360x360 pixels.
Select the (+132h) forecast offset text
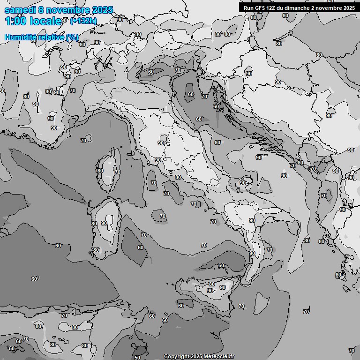click(83, 21)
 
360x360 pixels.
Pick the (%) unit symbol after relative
click(72, 37)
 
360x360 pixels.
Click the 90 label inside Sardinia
click(104, 223)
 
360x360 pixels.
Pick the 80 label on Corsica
click(100, 171)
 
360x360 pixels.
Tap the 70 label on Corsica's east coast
click(117, 172)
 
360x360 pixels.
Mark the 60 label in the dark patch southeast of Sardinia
click(141, 247)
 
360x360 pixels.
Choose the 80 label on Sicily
click(212, 284)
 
